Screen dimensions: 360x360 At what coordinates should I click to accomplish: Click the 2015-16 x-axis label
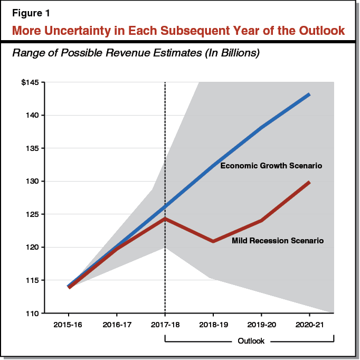click(x=69, y=324)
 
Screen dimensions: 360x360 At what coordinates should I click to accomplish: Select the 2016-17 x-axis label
click(x=117, y=324)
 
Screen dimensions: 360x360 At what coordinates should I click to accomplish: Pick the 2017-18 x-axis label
click(x=165, y=324)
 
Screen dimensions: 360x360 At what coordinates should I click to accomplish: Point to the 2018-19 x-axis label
click(x=213, y=324)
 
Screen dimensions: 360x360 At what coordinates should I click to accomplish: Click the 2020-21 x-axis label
click(x=309, y=324)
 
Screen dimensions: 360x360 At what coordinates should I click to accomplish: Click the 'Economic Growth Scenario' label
click(x=271, y=166)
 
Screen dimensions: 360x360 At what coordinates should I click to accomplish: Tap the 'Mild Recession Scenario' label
click(x=278, y=241)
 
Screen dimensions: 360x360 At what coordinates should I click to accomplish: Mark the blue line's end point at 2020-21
click(x=309, y=94)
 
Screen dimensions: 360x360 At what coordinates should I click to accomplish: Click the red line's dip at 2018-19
click(x=213, y=241)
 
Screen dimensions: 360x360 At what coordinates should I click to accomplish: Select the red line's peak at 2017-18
click(x=165, y=219)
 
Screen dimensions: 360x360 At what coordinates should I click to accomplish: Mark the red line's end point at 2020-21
click(x=309, y=182)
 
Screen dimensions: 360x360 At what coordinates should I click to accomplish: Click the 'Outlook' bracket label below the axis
click(x=251, y=341)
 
